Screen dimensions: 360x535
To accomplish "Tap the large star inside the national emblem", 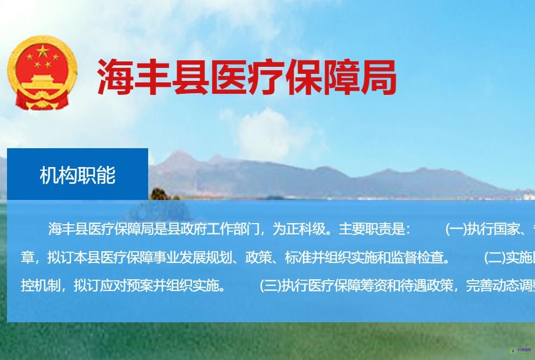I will [43, 53].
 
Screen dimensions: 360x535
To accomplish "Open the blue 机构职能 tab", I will [78, 175].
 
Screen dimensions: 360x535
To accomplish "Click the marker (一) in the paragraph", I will [456, 229].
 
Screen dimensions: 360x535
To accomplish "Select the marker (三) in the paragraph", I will [270, 285].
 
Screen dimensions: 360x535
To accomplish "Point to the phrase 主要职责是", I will [372, 229].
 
